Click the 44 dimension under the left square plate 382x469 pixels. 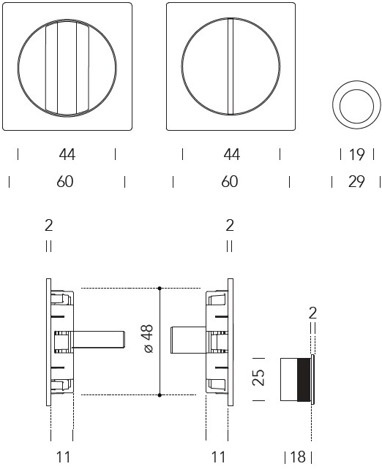click(67, 155)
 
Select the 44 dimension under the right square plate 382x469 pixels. click(231, 155)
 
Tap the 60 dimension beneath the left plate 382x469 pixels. click(65, 182)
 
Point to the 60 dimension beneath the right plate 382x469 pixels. click(230, 182)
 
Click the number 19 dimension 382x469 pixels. click(357, 155)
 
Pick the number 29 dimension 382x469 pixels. click(356, 182)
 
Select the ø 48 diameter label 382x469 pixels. click(149, 338)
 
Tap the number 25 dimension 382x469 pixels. click(258, 378)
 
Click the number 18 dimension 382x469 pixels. click(298, 457)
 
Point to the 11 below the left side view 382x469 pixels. click(63, 457)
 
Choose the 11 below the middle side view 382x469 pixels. click(218, 457)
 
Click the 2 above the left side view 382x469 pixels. click(48, 225)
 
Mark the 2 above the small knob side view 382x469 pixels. click(312, 313)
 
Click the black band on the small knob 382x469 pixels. click(304, 380)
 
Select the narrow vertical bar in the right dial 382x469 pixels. click(231, 66)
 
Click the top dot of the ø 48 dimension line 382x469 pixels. click(160, 289)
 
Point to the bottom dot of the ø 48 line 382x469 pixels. click(160, 395)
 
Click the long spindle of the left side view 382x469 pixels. click(98, 340)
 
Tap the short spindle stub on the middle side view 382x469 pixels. click(188, 340)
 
